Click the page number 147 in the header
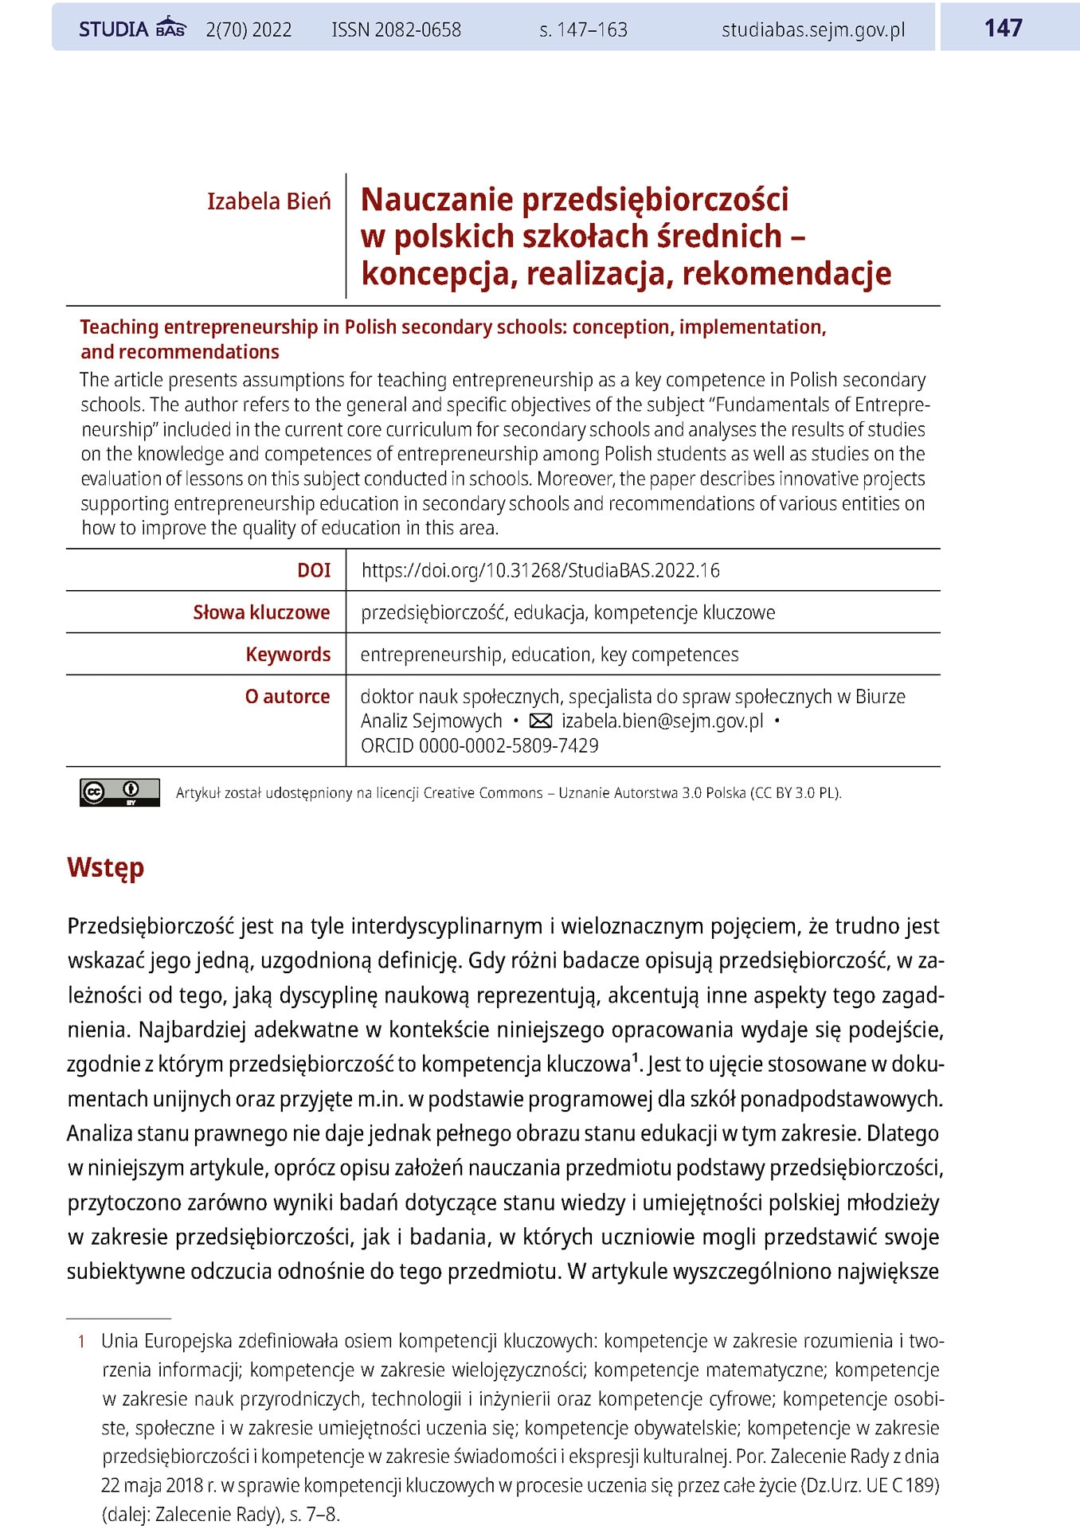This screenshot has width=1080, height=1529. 1003,28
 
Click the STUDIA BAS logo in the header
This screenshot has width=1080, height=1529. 132,29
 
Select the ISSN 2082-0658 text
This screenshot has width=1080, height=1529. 396,30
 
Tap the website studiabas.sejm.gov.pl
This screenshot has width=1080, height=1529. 812,30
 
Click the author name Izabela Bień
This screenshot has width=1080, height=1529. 268,201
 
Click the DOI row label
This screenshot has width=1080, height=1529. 314,570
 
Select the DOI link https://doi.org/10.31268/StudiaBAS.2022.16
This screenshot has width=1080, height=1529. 540,570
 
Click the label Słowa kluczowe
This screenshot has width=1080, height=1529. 261,612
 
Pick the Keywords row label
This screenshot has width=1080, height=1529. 288,655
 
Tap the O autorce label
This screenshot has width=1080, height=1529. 287,697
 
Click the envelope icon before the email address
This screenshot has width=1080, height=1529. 541,721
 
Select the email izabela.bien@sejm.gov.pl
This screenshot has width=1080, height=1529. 662,721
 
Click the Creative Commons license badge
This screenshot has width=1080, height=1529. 119,792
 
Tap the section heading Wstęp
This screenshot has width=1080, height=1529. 105,867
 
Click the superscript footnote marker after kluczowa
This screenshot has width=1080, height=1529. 635,1058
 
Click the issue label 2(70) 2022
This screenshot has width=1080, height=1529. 248,30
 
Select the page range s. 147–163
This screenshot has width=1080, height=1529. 583,30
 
